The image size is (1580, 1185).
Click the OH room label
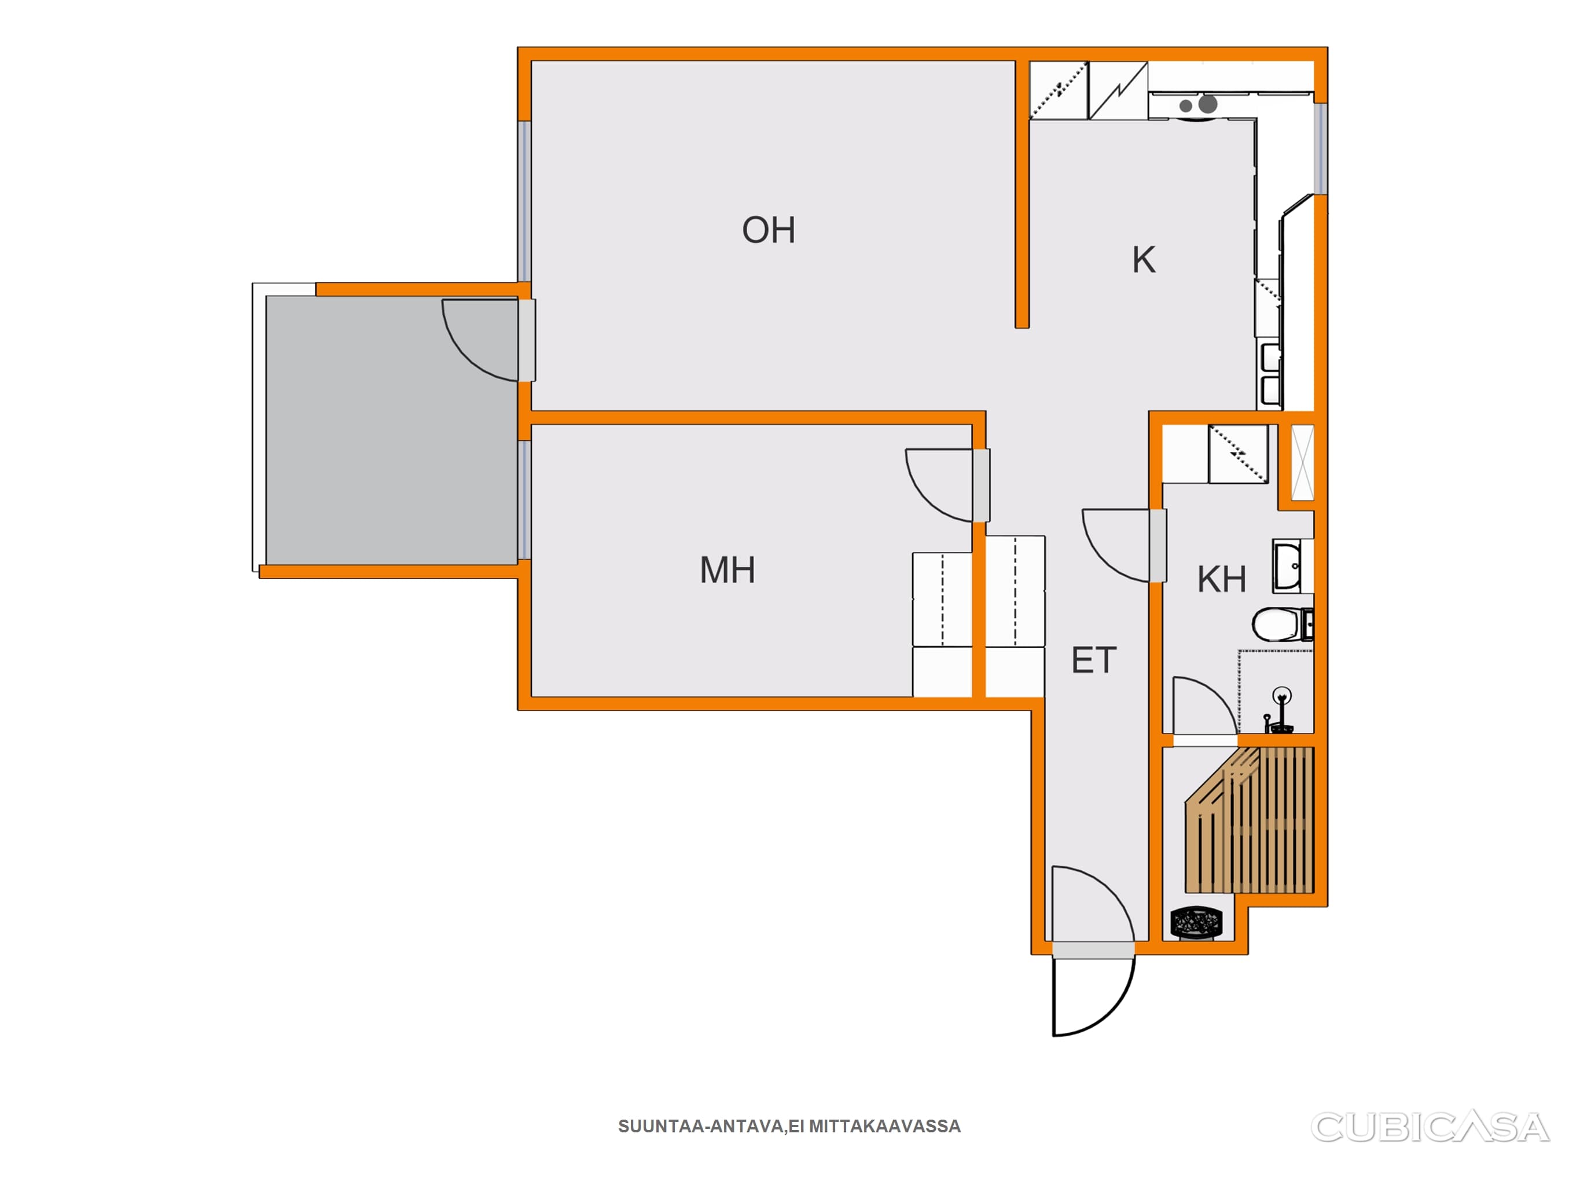[x=769, y=230]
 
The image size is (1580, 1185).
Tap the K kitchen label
[x=1144, y=260]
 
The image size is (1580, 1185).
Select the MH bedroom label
[x=727, y=570]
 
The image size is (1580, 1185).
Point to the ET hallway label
[x=1094, y=660]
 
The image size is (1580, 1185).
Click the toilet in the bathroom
[x=1282, y=625]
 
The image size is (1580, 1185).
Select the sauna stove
[x=1196, y=922]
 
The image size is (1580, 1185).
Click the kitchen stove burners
[x=1199, y=105]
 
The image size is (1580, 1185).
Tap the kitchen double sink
[x=1271, y=376]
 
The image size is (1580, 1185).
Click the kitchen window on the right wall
[x=1321, y=149]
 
